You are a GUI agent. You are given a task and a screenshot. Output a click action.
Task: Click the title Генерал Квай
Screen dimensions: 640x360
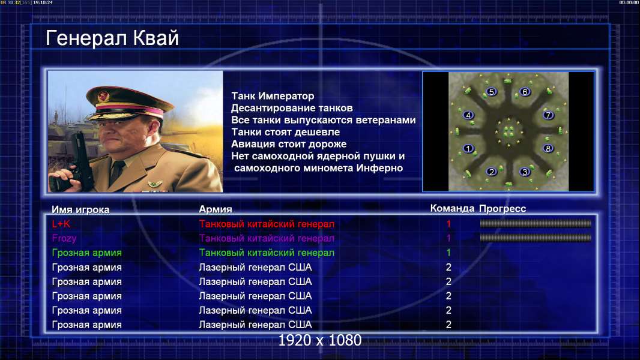[112, 38]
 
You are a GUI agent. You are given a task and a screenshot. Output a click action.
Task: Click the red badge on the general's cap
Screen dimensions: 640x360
[103, 96]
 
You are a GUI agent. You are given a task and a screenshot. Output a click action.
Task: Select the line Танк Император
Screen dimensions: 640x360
[273, 96]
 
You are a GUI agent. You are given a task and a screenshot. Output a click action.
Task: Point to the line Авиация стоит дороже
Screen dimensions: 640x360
[289, 144]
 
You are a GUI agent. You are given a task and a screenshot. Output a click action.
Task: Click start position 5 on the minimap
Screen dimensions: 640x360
[492, 92]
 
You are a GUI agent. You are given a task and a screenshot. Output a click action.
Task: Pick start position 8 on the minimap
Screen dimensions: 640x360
[548, 148]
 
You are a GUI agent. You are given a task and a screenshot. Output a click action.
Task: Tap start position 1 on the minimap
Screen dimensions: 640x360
[468, 148]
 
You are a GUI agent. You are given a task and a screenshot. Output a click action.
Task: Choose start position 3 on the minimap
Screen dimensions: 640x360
[525, 172]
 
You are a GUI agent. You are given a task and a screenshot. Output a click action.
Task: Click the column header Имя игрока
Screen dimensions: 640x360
[80, 209]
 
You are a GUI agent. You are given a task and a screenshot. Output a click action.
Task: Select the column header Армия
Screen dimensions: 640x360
[216, 209]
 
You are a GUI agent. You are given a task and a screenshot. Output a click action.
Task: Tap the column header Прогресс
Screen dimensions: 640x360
[503, 209]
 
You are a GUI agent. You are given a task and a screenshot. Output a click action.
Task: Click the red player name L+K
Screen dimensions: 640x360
[61, 224]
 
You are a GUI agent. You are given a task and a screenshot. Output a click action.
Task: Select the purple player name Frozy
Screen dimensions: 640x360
[64, 239]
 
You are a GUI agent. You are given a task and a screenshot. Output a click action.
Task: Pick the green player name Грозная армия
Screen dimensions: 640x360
[87, 253]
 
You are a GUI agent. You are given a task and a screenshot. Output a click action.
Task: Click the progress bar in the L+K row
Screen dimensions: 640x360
[536, 223]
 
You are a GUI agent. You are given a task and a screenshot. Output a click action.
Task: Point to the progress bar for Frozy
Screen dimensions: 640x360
[536, 238]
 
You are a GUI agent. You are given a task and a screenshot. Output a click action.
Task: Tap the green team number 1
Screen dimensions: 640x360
[448, 253]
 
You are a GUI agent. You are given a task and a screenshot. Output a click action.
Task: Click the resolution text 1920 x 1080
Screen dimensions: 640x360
[320, 340]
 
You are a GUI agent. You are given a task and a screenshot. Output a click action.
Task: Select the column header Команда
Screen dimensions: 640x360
[452, 209]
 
